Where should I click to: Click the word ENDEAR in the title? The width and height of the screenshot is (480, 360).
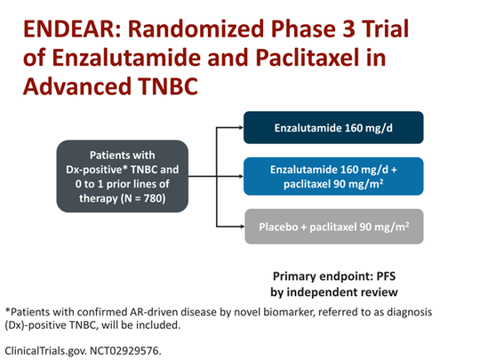[72, 28]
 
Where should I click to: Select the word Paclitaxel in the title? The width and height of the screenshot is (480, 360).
[308, 58]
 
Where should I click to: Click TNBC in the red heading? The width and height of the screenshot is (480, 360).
[167, 86]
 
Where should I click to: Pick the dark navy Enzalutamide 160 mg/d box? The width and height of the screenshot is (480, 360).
[333, 128]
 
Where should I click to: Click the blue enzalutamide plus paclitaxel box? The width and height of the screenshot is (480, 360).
[333, 176]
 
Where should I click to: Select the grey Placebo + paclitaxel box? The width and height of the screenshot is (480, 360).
[334, 227]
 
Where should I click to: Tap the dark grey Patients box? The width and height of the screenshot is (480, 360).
[123, 176]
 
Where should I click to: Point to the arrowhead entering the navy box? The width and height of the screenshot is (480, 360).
[241, 128]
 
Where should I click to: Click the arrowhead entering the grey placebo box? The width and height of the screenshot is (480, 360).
[242, 227]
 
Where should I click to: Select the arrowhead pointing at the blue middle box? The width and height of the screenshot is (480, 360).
[241, 176]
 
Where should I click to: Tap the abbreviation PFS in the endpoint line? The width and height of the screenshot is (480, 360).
[386, 276]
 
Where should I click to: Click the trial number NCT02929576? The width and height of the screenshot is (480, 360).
[125, 350]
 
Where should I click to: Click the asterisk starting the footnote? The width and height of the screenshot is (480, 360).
[8, 310]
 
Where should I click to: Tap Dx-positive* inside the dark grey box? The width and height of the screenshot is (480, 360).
[94, 170]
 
